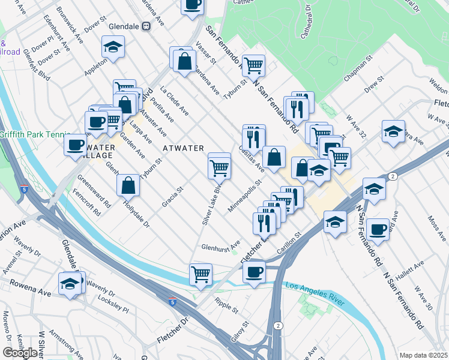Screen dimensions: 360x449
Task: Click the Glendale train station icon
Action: pyautogui.click(x=146, y=27)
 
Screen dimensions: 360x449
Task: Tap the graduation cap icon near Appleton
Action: pyautogui.click(x=112, y=47)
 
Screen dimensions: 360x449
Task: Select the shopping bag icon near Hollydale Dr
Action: pyautogui.click(x=129, y=185)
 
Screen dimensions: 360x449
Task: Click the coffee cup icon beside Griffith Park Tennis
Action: pyautogui.click(x=76, y=145)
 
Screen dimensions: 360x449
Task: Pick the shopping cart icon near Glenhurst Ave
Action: pyautogui.click(x=200, y=274)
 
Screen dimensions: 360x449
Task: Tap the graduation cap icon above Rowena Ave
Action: pyautogui.click(x=70, y=283)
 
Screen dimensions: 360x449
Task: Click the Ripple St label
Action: pyautogui.click(x=226, y=305)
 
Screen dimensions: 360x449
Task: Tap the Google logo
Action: pyautogui.click(x=20, y=353)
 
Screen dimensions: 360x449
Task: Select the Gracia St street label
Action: pyautogui.click(x=172, y=197)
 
